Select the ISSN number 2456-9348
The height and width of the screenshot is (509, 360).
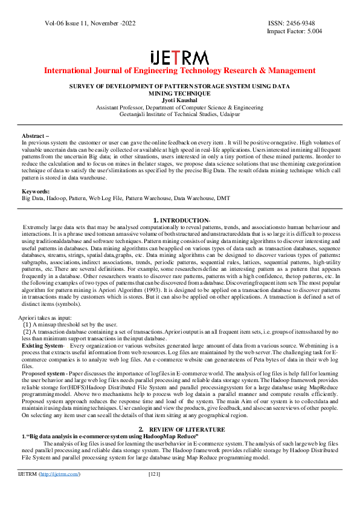pos(305,22)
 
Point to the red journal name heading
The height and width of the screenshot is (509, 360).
pos(179,71)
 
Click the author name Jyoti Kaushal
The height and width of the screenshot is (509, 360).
pos(179,100)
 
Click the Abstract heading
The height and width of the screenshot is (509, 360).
pos(35,136)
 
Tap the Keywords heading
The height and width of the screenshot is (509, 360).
pos(37,192)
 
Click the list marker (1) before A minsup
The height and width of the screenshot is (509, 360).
pos(27,324)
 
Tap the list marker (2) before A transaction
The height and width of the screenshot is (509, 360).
pos(27,331)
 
